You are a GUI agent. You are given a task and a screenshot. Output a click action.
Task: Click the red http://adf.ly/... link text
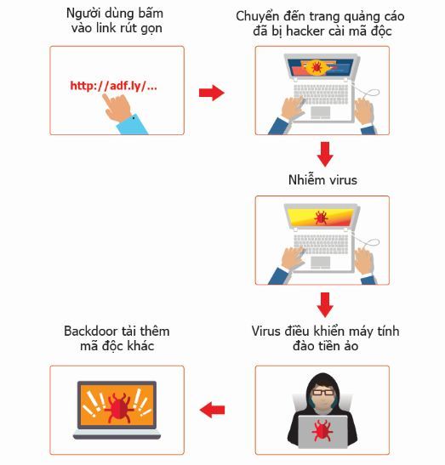point(113,86)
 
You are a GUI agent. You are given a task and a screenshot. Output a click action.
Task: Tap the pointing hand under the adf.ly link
point(117,108)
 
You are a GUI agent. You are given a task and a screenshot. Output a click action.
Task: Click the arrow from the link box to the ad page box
point(212,93)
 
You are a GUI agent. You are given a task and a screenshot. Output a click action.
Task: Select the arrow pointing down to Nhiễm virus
point(325,154)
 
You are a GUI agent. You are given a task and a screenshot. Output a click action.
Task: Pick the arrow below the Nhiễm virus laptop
point(325,305)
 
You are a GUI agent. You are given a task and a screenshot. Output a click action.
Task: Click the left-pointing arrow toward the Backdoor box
point(212,410)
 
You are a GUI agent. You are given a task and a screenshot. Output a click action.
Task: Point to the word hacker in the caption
point(305,31)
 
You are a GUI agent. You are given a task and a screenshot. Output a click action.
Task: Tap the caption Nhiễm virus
point(322,179)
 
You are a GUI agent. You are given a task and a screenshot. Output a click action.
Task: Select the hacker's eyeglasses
point(322,393)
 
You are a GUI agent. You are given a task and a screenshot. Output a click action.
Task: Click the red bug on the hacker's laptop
point(322,430)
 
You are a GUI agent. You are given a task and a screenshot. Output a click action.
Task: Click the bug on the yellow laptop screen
point(321,218)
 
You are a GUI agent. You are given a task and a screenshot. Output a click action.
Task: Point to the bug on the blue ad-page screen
point(317,67)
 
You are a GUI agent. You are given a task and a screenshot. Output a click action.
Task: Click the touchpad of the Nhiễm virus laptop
point(320,263)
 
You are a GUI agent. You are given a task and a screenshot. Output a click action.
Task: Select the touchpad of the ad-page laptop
point(320,113)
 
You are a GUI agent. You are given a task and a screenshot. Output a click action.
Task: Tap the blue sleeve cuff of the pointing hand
point(133,124)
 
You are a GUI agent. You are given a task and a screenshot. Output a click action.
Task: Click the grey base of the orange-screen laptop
point(117,434)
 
